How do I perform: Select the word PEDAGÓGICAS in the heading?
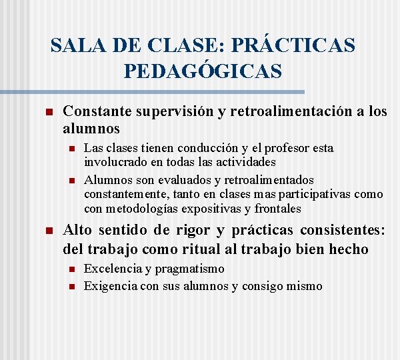[x=203, y=71]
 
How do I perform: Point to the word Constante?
[x=97, y=111]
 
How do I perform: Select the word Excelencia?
[x=113, y=269]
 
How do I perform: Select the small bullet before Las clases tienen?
[x=71, y=148]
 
